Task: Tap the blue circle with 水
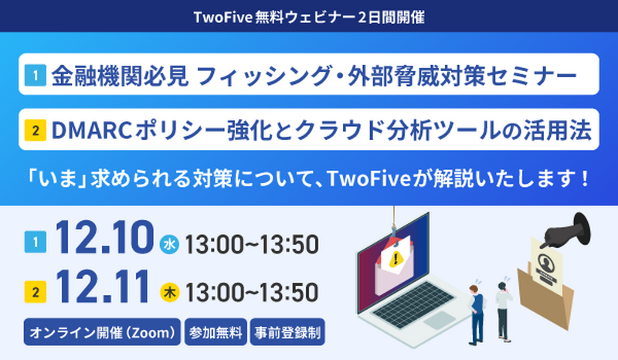pos(169,245)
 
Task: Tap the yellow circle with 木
pos(169,293)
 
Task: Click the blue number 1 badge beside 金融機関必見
pos(36,76)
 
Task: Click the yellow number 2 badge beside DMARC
pos(36,131)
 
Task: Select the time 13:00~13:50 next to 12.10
pos(251,245)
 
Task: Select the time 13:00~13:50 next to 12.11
pos(251,293)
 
